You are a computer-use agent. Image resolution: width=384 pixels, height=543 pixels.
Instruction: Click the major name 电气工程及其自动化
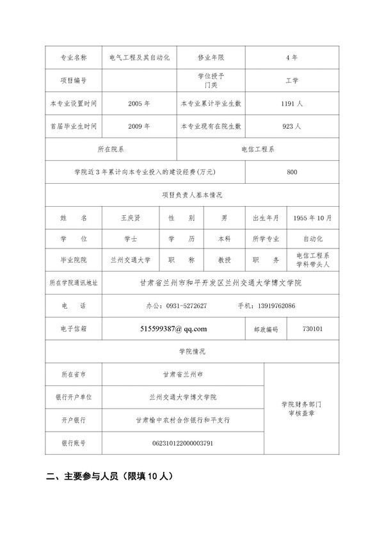(x=139, y=57)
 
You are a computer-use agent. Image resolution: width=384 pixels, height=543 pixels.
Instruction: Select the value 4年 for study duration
(x=291, y=57)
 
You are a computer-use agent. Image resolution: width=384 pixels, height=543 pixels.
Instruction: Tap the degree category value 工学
(x=291, y=81)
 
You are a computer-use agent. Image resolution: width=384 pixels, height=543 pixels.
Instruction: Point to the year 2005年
(x=139, y=103)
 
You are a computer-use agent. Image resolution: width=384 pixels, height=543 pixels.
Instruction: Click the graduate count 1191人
(x=291, y=103)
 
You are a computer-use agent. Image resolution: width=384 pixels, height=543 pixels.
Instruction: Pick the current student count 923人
(x=291, y=126)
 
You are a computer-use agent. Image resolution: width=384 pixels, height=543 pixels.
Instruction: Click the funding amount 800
(x=292, y=172)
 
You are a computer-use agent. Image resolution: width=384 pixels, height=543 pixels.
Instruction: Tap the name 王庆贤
(x=134, y=217)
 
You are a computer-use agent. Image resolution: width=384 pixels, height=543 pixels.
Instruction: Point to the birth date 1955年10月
(x=312, y=218)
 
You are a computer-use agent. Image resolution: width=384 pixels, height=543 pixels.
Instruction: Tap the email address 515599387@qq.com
(x=173, y=328)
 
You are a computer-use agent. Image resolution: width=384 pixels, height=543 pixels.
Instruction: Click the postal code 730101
(x=313, y=328)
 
